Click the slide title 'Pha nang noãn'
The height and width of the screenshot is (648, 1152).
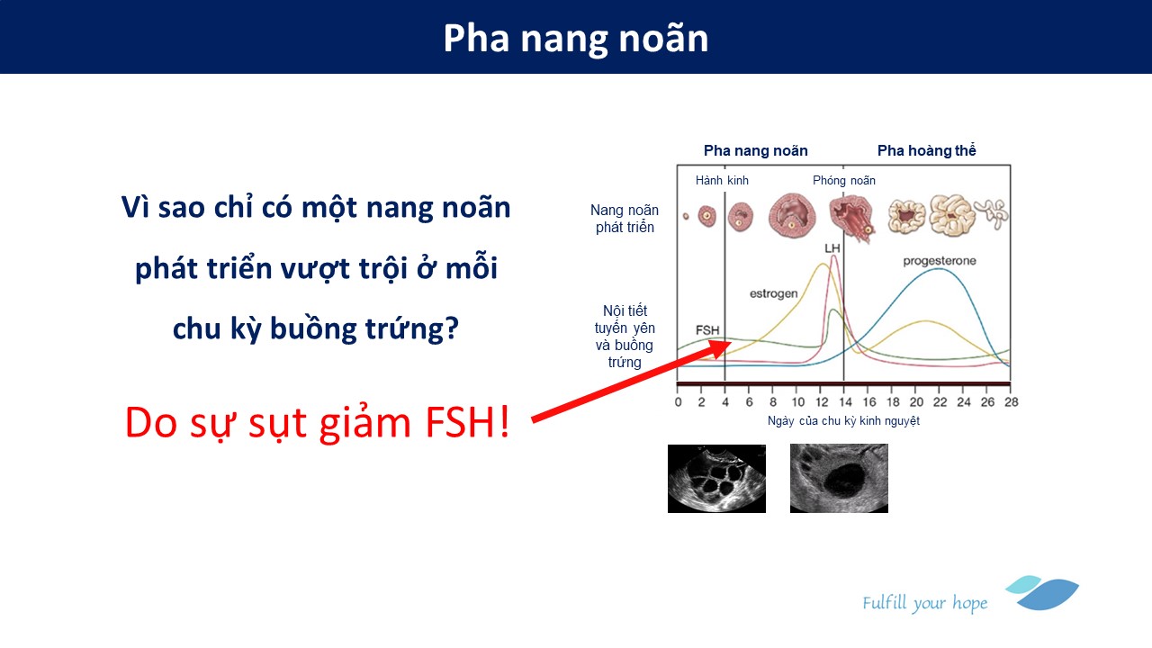[575, 39]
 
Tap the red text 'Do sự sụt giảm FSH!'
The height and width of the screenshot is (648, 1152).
[317, 423]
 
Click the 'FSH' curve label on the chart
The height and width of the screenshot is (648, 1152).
[707, 330]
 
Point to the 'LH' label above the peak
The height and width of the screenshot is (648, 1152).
[832, 248]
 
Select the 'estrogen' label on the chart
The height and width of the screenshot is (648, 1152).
[773, 293]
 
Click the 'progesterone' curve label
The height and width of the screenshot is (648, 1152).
[940, 261]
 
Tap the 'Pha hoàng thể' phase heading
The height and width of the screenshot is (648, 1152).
[926, 150]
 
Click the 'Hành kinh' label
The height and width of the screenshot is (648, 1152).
[722, 181]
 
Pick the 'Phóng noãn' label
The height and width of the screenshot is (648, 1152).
[844, 181]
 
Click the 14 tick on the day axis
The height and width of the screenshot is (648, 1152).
[845, 401]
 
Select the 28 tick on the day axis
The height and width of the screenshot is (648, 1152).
[1011, 401]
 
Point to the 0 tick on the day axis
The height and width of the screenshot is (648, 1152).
[679, 401]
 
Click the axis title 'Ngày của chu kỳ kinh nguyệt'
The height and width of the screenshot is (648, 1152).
[843, 420]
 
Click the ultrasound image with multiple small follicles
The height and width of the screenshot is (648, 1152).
[716, 479]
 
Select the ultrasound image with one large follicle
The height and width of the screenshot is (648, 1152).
[839, 478]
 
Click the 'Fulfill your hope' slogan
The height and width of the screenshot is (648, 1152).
[924, 603]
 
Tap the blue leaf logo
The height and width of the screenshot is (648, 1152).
[1043, 593]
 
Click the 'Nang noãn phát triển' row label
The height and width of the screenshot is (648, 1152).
[625, 219]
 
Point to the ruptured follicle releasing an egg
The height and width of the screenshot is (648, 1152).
[851, 218]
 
